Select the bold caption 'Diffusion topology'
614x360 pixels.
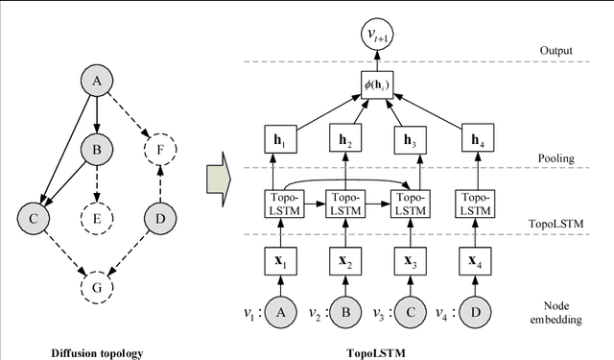pos(97,352)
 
